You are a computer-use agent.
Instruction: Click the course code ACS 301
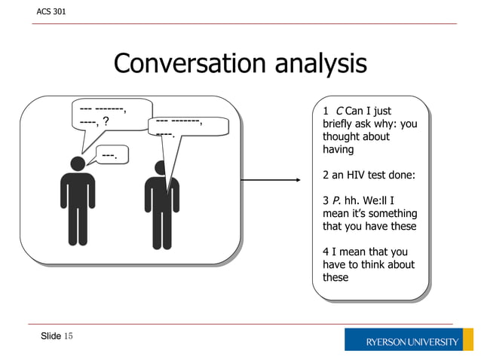click(x=51, y=12)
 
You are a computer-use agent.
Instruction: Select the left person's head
click(x=78, y=163)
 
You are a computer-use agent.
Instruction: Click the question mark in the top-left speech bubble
click(x=106, y=121)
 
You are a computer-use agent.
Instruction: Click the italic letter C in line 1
click(x=340, y=111)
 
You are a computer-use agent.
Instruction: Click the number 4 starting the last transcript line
click(x=326, y=252)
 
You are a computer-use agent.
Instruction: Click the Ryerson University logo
click(x=408, y=340)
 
